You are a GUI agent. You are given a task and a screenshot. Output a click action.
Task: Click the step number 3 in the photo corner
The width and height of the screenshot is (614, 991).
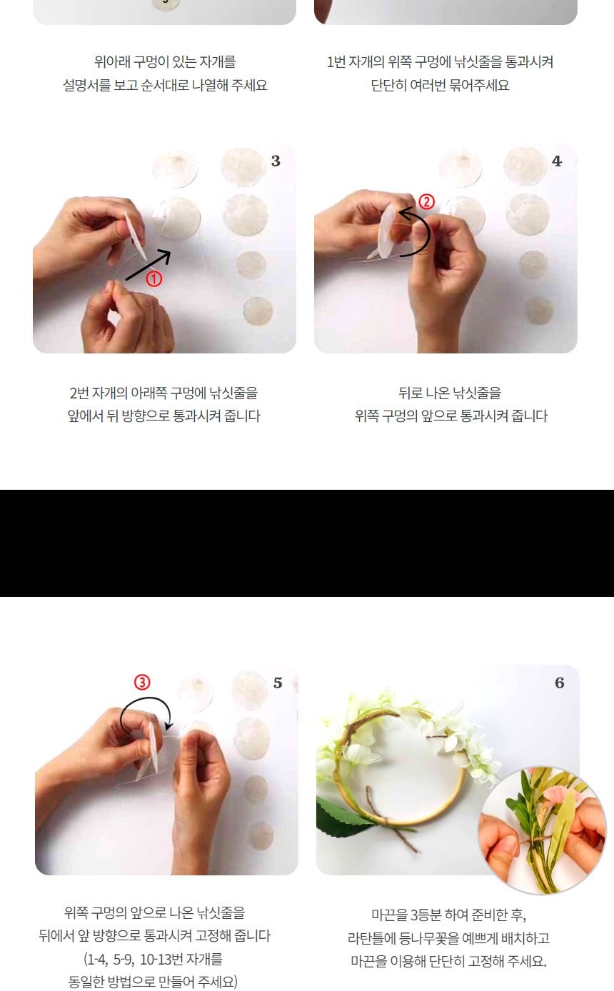276,161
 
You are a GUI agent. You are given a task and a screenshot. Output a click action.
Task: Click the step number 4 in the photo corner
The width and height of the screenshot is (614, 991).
557,161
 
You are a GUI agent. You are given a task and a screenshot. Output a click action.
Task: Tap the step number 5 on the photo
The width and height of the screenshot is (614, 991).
278,683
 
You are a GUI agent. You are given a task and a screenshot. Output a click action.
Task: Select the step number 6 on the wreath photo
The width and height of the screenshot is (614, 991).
559,683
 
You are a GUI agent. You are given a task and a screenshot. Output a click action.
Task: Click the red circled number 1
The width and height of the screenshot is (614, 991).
154,279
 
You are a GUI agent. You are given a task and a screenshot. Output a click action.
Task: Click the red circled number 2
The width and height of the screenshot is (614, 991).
426,202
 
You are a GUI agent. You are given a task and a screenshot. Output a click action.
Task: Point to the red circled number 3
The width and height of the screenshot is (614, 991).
143,682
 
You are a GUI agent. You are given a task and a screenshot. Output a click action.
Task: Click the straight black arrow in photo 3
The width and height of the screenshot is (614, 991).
148,264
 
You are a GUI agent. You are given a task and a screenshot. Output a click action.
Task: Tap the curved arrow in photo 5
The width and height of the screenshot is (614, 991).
146,710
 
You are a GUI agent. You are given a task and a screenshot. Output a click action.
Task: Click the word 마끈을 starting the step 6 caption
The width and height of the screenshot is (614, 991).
388,915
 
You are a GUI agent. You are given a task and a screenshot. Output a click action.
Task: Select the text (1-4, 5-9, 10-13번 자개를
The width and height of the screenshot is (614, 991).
153,959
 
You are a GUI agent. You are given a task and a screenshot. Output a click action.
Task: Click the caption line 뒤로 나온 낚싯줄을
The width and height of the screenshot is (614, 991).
450,393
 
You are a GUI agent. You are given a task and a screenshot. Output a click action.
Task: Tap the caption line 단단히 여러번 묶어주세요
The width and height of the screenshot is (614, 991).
440,85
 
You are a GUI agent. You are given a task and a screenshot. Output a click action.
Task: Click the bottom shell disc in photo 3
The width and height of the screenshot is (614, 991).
258,311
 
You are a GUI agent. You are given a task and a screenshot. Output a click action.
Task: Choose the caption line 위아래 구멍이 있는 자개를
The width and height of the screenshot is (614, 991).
165,62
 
